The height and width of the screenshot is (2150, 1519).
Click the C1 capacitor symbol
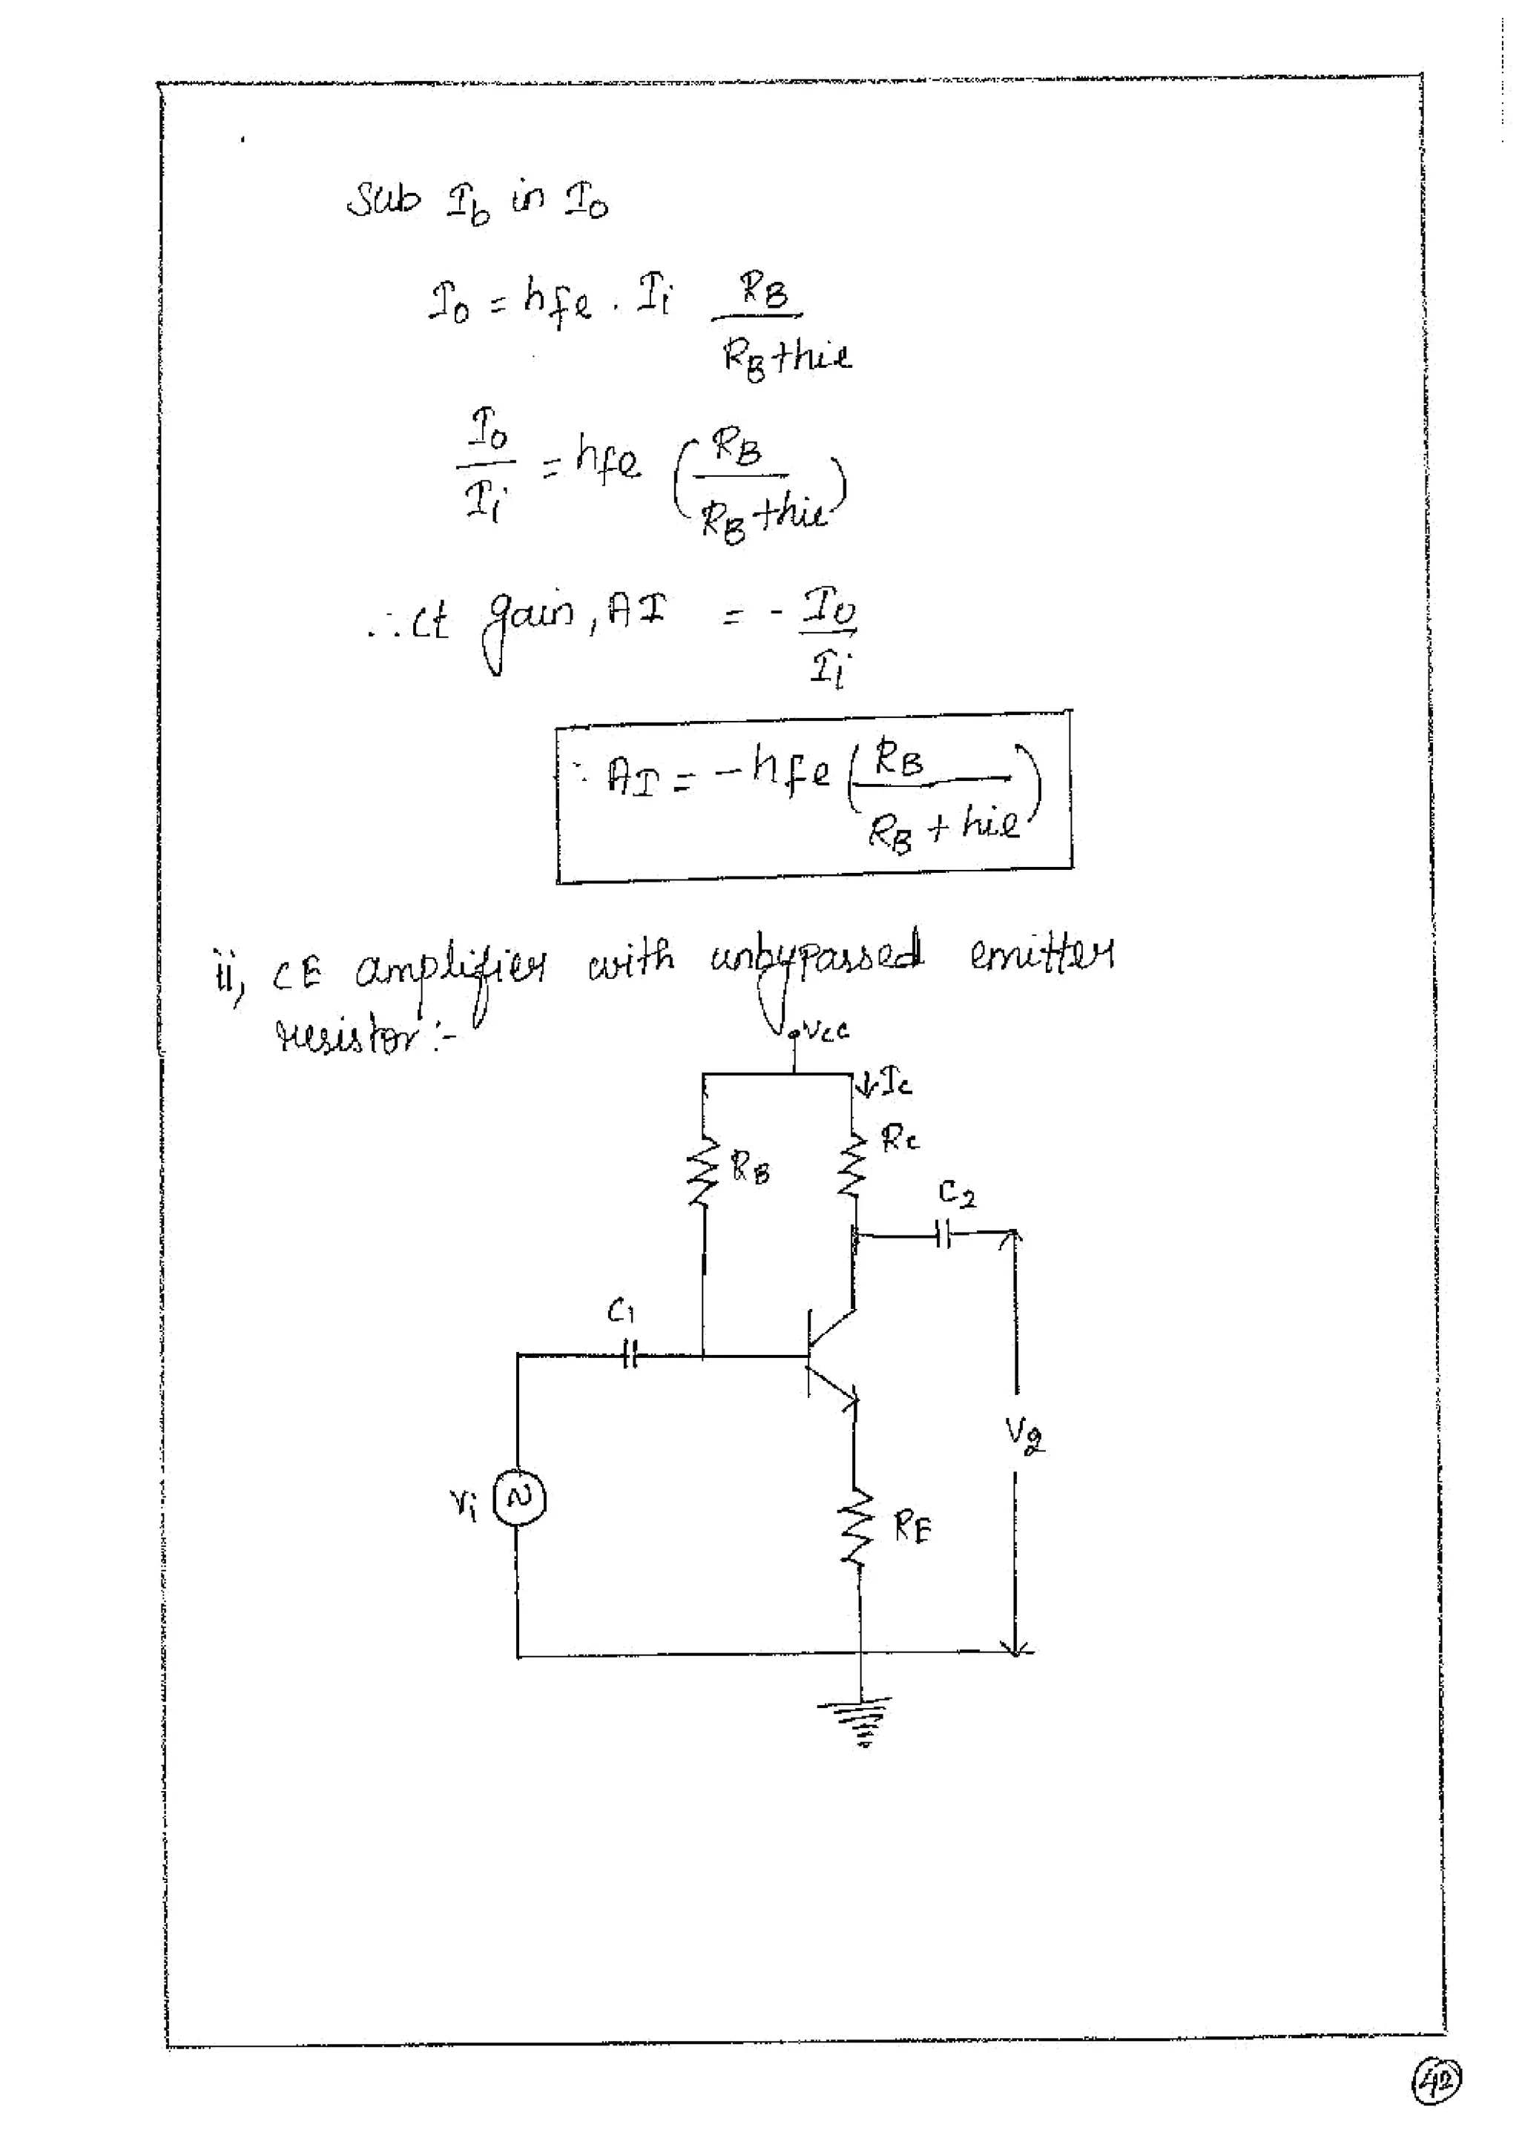629,1355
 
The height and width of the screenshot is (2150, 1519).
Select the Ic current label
894,1085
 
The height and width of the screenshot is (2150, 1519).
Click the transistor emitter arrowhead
850,1402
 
